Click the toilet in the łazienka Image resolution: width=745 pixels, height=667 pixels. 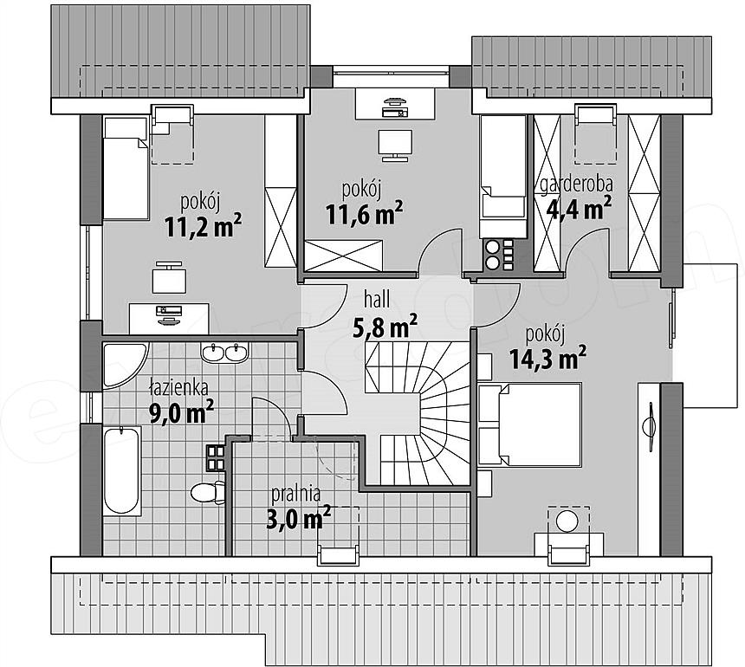[x=208, y=493]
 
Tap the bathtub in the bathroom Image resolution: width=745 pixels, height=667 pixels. [x=121, y=469]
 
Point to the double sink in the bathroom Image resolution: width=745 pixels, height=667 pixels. [x=224, y=353]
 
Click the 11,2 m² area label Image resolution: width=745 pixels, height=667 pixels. [x=204, y=226]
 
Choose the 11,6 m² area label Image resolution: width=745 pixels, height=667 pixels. [x=365, y=213]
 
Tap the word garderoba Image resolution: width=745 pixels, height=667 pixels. [x=576, y=185]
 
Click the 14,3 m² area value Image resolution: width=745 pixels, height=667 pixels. [x=547, y=358]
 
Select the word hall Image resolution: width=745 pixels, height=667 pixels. [x=377, y=301]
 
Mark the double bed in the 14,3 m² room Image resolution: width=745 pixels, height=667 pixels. [x=530, y=424]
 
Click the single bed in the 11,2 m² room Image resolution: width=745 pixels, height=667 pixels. [x=126, y=169]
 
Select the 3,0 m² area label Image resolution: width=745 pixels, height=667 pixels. [x=298, y=518]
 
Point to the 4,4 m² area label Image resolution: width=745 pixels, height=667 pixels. [x=578, y=209]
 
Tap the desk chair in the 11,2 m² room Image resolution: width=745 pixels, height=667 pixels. [x=169, y=278]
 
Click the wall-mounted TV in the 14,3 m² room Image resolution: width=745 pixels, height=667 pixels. [x=649, y=425]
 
